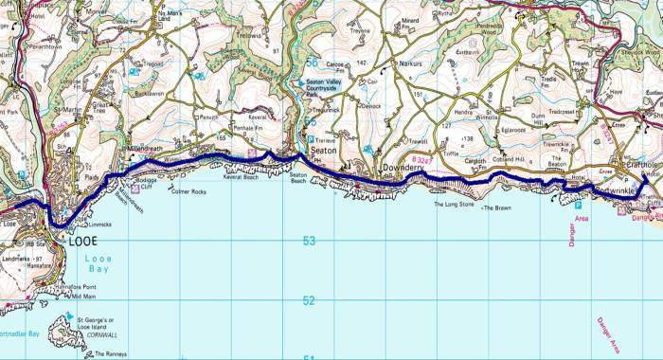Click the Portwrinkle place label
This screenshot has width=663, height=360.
616,191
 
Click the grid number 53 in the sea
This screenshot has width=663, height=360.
309,241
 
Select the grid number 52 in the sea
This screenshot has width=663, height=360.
309,301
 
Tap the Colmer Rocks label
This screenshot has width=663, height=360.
160,193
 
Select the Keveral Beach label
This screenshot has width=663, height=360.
242,176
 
